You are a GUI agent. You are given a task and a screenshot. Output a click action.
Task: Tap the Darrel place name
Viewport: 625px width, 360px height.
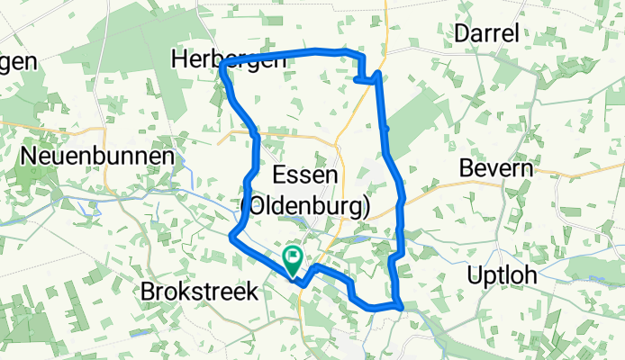point(487,34)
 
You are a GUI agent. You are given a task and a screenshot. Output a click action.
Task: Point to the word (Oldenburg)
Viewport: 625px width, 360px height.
point(305,208)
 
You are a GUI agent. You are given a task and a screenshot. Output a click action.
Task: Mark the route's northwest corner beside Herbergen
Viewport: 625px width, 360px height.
point(222,68)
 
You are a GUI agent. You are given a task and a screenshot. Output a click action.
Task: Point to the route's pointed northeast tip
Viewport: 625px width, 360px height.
point(379,73)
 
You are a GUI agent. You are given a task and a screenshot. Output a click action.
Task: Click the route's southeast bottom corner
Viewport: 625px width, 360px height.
point(397,307)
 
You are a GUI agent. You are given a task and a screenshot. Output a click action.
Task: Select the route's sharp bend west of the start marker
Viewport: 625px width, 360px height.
point(232,238)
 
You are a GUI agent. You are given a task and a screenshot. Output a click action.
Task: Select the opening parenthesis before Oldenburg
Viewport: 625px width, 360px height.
point(246,208)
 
